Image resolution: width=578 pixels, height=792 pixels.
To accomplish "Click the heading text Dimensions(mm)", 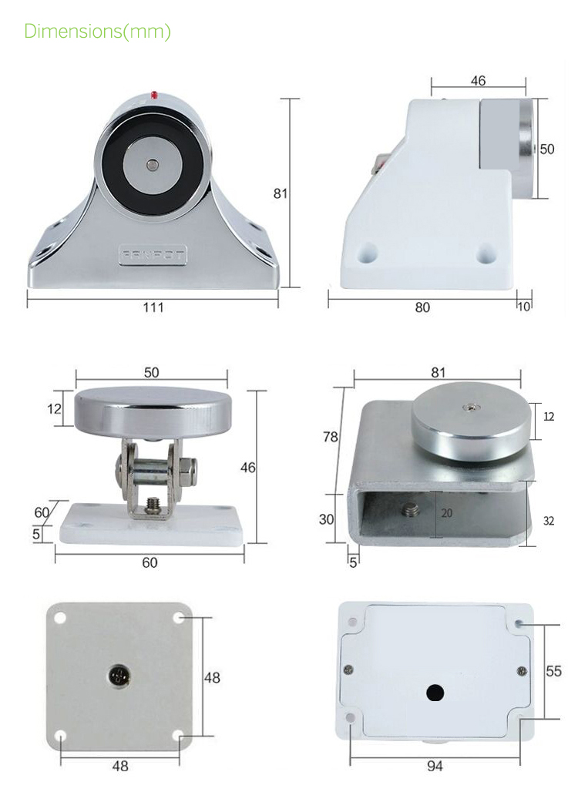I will click(97, 32).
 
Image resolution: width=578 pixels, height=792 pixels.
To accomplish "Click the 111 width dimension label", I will click(153, 307).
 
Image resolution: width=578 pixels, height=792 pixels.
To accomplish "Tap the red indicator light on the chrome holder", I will click(155, 95).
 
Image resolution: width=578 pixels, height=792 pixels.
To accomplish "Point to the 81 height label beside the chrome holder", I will click(281, 193).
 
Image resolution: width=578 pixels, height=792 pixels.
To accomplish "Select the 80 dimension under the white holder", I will click(422, 307).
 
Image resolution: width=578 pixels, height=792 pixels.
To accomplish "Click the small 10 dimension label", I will click(525, 307).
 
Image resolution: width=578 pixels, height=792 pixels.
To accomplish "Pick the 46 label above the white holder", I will click(478, 81).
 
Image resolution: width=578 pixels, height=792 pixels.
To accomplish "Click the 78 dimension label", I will click(331, 437).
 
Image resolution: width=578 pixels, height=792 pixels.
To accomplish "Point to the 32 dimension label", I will click(549, 521).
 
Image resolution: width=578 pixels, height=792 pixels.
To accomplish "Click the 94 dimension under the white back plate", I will click(435, 766).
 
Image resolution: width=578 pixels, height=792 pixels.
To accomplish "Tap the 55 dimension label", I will click(553, 671).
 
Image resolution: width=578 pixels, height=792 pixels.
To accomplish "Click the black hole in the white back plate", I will click(435, 693).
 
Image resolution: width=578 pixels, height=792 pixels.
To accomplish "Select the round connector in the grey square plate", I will click(119, 676).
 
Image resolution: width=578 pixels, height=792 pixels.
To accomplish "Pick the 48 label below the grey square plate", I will click(120, 766).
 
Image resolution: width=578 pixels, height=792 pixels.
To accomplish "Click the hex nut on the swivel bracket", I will click(189, 468).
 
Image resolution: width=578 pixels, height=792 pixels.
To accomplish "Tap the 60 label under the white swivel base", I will click(150, 562).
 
